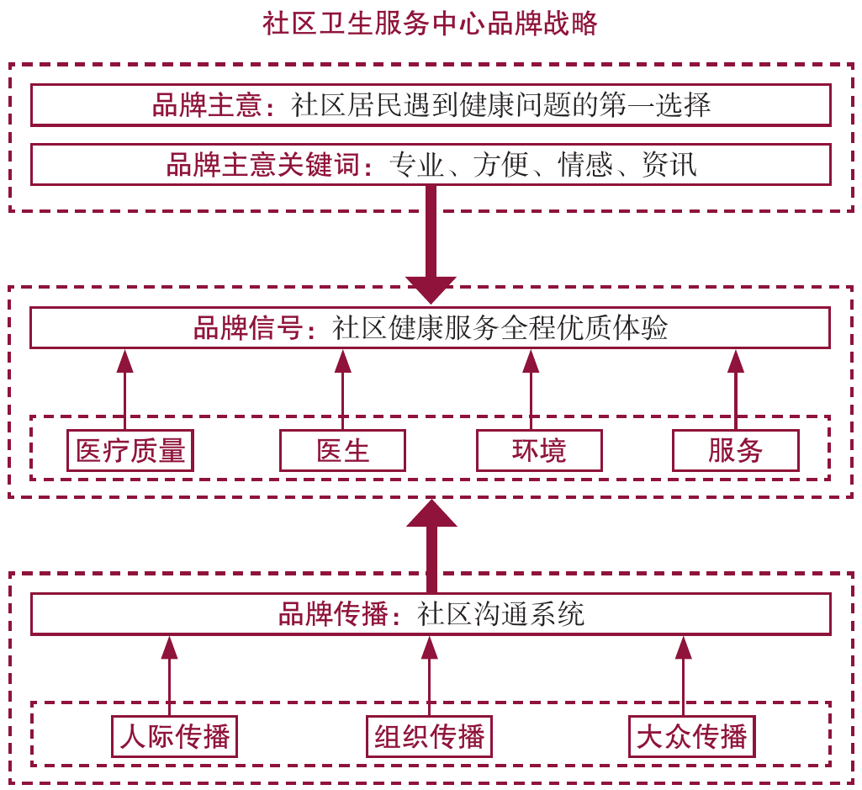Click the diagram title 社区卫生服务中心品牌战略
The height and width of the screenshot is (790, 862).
[430, 24]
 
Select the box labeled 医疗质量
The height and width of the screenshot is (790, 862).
[130, 451]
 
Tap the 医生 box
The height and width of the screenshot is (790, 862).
[342, 451]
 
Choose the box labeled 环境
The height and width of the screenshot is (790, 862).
[539, 451]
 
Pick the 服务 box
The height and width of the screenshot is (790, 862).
[735, 451]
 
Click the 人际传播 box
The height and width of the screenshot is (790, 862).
[175, 738]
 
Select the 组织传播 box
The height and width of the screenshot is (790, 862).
[429, 738]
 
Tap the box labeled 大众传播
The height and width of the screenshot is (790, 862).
[691, 738]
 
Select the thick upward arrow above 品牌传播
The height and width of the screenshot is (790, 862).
[431, 547]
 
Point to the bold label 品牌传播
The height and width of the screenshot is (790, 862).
[332, 614]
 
